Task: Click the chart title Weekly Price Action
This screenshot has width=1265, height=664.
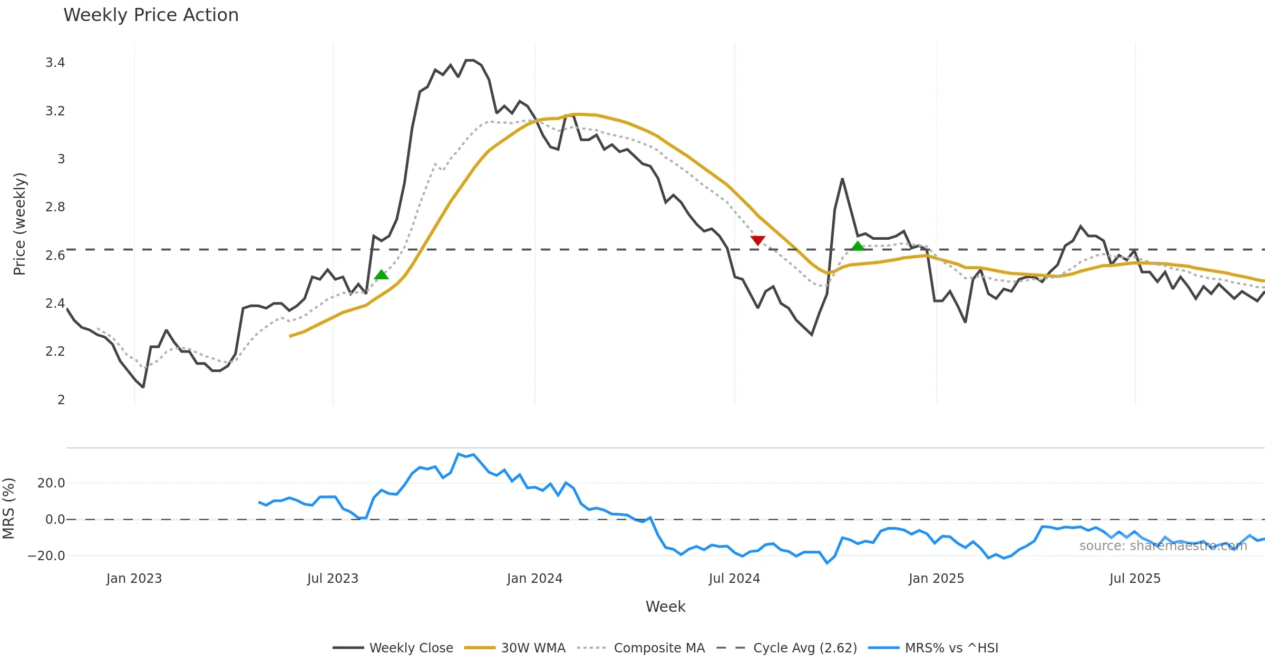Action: (151, 15)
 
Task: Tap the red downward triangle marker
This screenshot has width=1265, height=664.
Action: (757, 240)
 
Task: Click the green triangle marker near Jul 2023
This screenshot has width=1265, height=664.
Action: (381, 275)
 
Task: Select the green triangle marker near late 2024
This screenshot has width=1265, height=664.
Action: (858, 246)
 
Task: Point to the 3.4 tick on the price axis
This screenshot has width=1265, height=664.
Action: (55, 63)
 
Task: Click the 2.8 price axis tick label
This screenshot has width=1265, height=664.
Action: (55, 207)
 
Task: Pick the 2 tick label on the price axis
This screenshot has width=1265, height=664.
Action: (61, 399)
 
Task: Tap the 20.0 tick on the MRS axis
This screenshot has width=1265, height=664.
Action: (51, 483)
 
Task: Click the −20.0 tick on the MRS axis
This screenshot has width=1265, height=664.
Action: (46, 555)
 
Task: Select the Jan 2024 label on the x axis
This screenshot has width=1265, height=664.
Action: (534, 579)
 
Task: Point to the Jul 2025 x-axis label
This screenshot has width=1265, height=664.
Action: (1135, 579)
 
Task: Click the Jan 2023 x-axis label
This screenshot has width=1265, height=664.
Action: (134, 579)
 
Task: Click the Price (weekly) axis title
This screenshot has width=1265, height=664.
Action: (20, 224)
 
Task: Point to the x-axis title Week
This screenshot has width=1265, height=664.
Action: (665, 607)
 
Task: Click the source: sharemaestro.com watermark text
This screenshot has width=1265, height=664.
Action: (1163, 546)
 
